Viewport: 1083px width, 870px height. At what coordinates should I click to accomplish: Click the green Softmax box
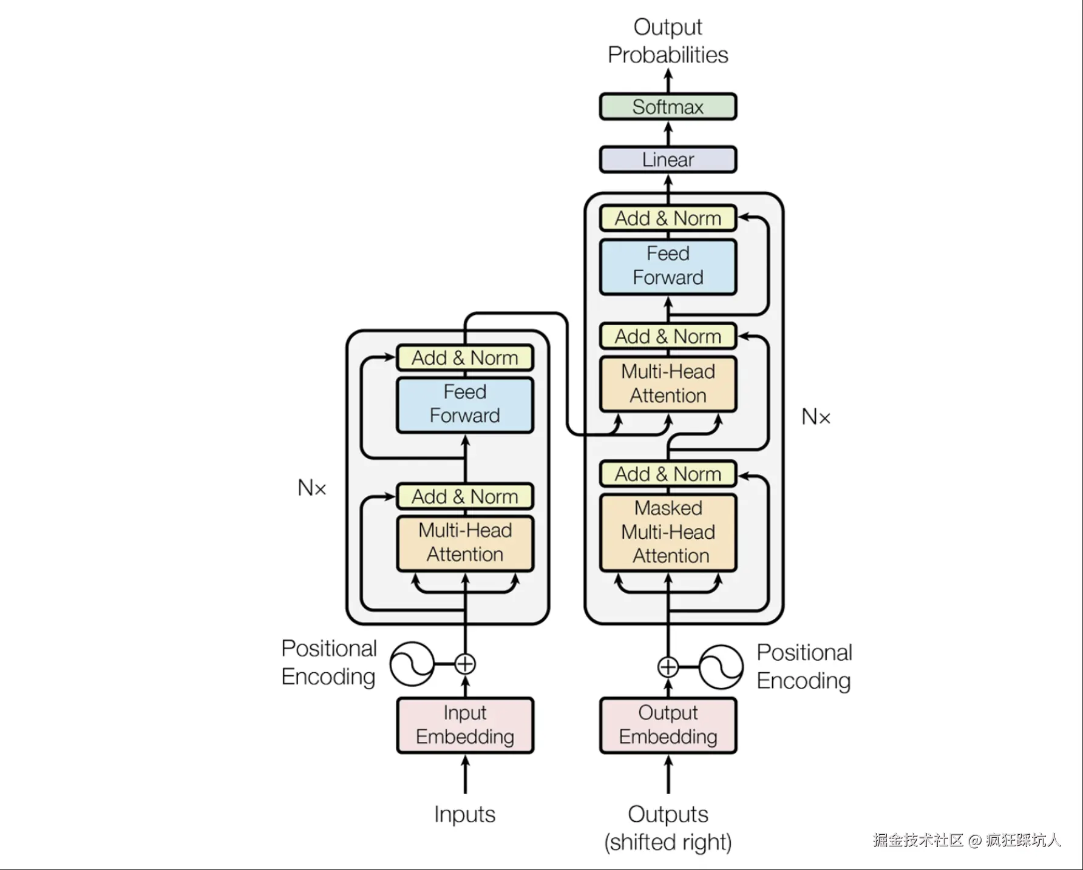click(668, 107)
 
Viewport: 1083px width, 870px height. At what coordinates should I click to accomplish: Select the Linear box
click(668, 160)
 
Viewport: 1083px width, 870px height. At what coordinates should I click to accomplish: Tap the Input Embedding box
click(465, 725)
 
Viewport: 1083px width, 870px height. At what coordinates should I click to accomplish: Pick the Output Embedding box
click(668, 725)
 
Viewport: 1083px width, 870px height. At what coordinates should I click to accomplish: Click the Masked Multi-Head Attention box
click(668, 532)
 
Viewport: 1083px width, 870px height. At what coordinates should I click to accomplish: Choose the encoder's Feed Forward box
click(465, 405)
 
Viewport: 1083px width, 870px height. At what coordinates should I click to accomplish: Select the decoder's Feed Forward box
click(668, 266)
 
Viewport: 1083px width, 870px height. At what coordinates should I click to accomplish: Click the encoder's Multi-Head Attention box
click(465, 543)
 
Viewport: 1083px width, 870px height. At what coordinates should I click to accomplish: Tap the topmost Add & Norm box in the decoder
click(668, 218)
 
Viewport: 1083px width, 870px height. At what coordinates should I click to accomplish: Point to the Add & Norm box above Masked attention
click(668, 474)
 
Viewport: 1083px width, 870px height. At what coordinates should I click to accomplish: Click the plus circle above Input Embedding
click(465, 664)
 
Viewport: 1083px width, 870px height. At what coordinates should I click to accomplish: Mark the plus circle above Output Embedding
click(668, 667)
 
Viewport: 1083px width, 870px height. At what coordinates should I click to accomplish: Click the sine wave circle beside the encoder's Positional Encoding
click(412, 664)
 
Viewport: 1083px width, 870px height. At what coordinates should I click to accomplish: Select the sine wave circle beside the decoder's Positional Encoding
click(721, 667)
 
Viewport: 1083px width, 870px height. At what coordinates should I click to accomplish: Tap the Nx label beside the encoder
click(312, 487)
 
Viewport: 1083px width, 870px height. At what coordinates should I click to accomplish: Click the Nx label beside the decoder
click(816, 417)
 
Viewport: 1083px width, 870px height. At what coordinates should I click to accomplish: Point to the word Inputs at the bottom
click(465, 814)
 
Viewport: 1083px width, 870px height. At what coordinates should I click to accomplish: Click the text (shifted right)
click(668, 842)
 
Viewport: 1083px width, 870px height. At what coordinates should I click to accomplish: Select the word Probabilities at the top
click(668, 55)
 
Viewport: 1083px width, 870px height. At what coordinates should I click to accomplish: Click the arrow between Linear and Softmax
click(668, 133)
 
